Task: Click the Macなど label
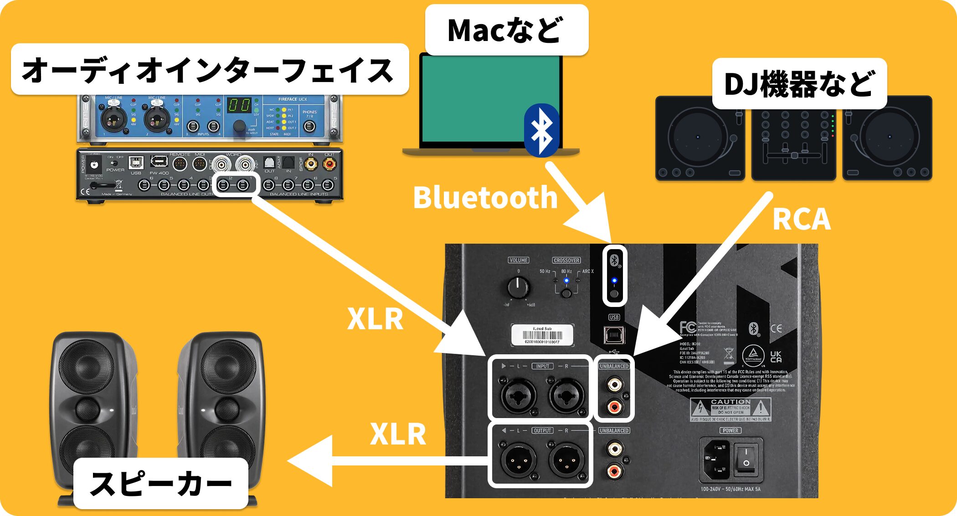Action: (x=506, y=30)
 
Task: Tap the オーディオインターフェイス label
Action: (x=209, y=70)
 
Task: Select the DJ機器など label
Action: (x=799, y=84)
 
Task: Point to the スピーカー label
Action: (x=161, y=483)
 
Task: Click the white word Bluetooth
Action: (x=485, y=198)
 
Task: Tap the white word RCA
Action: (x=801, y=219)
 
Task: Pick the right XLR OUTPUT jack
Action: (x=566, y=460)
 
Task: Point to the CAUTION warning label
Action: (x=730, y=409)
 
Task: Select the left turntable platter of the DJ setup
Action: (x=697, y=137)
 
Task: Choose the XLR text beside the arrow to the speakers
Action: (x=398, y=434)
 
